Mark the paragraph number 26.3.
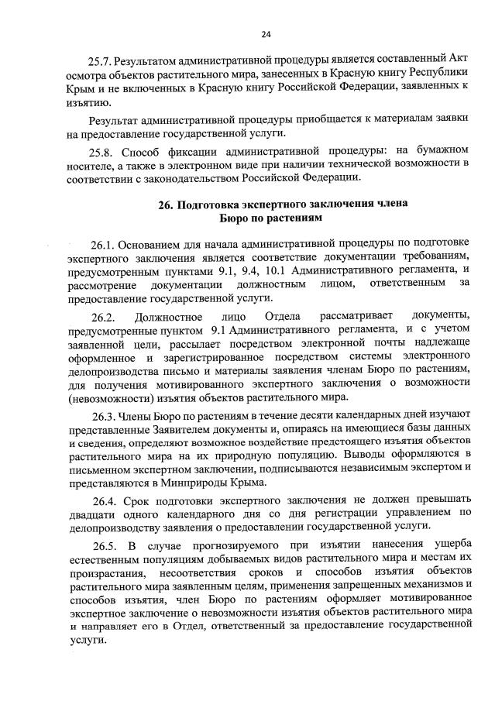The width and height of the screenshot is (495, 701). pyautogui.click(x=103, y=418)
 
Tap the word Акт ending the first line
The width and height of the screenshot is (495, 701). pyautogui.click(x=458, y=60)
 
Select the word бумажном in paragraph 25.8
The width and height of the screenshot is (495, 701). pyautogui.click(x=441, y=148)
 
